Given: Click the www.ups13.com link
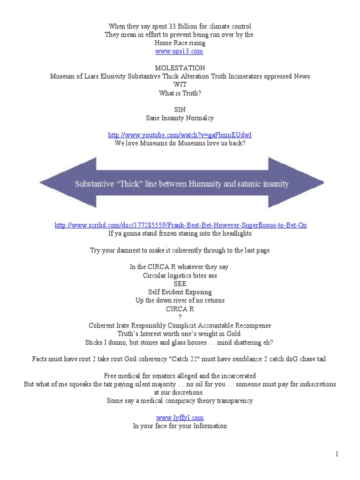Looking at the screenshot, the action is pos(179,51).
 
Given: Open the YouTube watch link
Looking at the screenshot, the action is pos(180,135).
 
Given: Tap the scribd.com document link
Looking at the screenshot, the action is pos(180,225).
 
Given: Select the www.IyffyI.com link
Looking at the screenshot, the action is pos(180,418).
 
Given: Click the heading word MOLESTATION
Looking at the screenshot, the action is pos(180,68).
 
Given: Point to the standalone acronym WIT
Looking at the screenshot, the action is pos(180,84).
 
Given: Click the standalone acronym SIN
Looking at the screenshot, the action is pos(180,110).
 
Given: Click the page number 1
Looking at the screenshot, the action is pos(337,454).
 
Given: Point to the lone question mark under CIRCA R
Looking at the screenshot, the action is pos(180,317).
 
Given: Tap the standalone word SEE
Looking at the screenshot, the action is pos(180,284).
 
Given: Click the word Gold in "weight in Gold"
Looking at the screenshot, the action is pos(233,334).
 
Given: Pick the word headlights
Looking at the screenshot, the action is pos(237,233).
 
